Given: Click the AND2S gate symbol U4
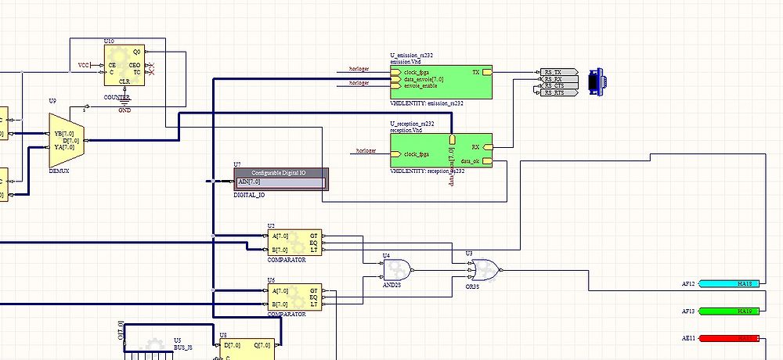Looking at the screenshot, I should [397, 270].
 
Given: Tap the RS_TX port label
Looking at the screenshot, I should [554, 71].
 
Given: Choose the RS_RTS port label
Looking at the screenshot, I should [554, 92].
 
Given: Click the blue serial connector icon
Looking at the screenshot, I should [597, 81].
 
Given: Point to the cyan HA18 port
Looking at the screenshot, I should [728, 283].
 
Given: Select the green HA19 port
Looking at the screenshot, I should [728, 311].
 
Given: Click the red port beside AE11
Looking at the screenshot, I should [728, 338].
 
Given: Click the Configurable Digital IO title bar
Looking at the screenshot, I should [280, 172].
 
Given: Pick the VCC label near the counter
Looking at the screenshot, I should [84, 64].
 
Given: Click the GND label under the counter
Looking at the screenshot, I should [124, 111].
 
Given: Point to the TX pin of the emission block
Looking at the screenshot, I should [476, 72].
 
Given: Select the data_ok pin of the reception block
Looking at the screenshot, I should [471, 161].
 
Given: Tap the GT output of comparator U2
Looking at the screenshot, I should [314, 235].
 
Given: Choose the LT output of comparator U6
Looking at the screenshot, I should [314, 304].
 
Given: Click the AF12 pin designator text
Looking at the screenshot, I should [688, 283].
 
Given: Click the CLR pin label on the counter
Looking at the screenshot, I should [124, 81].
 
